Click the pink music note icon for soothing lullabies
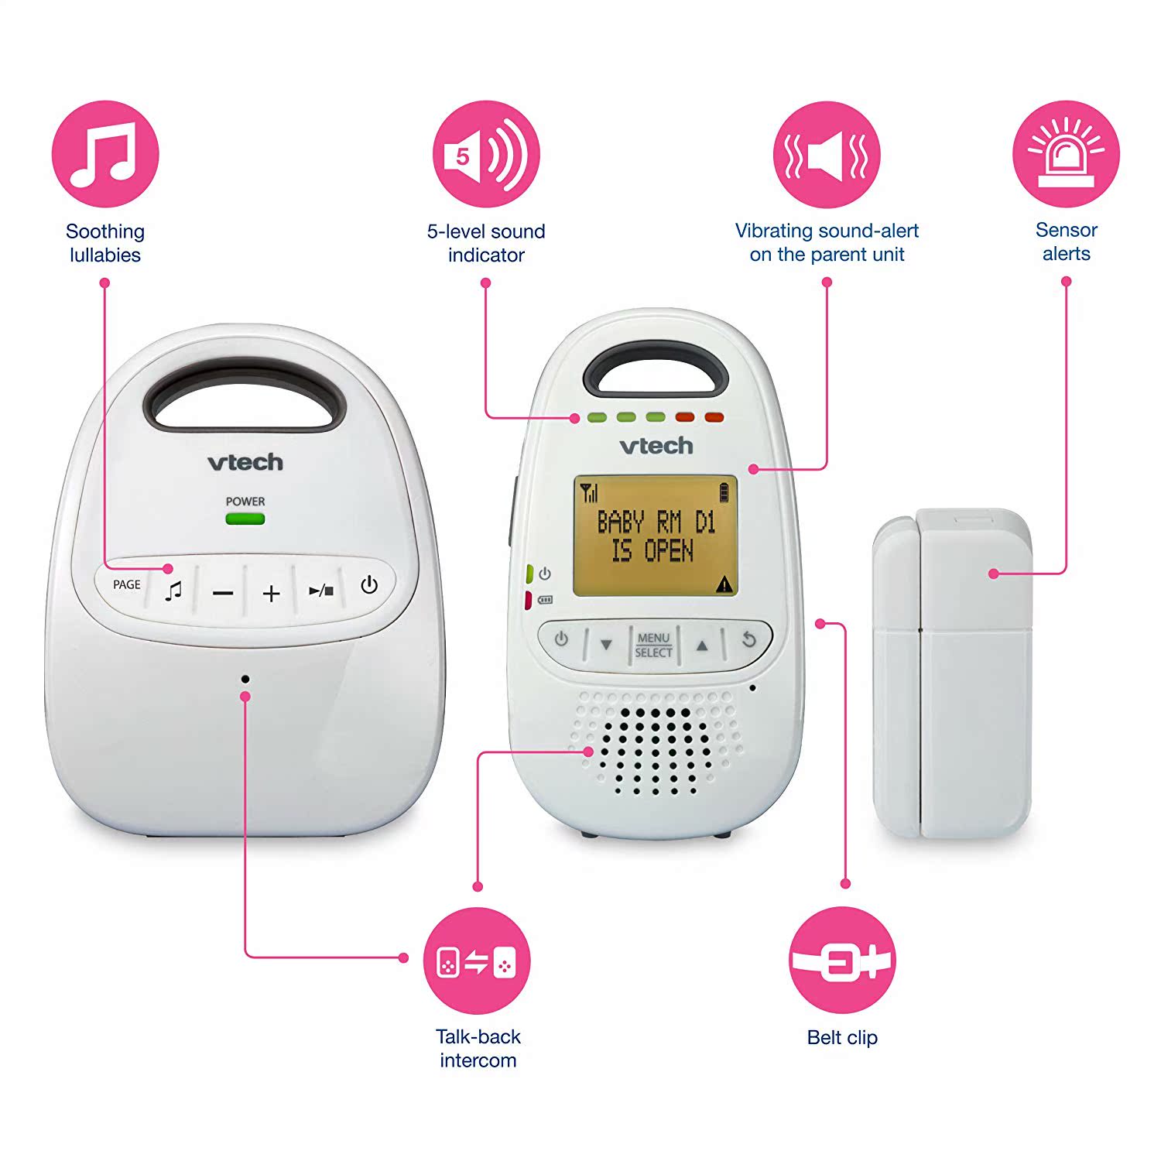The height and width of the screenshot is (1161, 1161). click(x=105, y=154)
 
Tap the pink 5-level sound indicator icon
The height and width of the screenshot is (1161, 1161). click(x=486, y=154)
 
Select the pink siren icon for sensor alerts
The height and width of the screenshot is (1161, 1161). click(x=1066, y=154)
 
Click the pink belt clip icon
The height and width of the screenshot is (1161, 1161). click(x=842, y=961)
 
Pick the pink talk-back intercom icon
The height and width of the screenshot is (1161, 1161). click(x=477, y=961)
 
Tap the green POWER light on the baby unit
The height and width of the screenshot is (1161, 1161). click(x=245, y=519)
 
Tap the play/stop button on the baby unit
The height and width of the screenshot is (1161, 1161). click(x=320, y=591)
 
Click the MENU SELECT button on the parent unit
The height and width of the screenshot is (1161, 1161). click(x=653, y=645)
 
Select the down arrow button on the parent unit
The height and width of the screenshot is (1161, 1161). click(x=606, y=644)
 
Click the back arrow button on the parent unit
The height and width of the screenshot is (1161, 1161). click(x=748, y=640)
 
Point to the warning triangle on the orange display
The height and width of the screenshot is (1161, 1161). click(x=724, y=584)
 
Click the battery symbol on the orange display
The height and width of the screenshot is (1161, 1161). click(x=724, y=492)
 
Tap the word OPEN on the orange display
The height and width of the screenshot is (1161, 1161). click(x=669, y=551)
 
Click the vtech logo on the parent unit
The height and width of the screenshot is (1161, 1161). click(x=656, y=446)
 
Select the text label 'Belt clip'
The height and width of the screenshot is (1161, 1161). click(x=842, y=1037)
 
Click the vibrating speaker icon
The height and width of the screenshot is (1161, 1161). click(x=827, y=154)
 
